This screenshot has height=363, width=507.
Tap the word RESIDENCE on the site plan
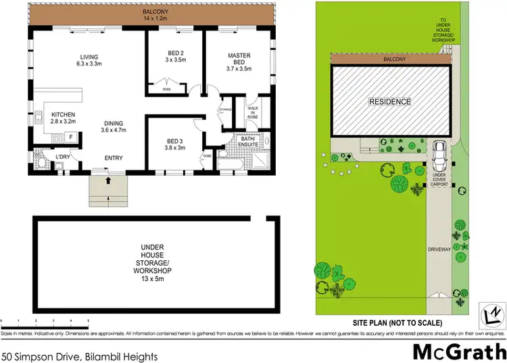pyautogui.click(x=389, y=102)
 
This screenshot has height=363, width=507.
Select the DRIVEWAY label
pyautogui.click(x=438, y=249)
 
